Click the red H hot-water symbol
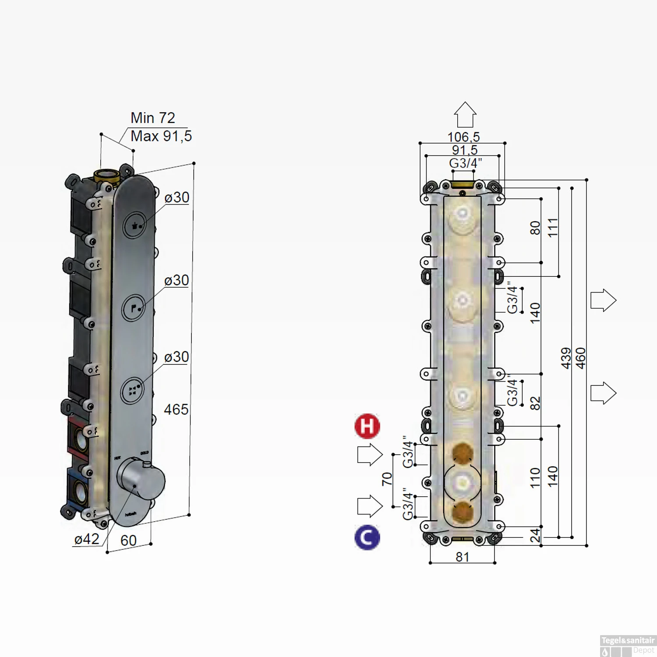click(x=367, y=426)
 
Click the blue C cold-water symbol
click(x=367, y=537)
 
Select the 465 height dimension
click(x=176, y=410)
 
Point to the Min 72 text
click(x=152, y=118)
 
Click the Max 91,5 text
click(x=161, y=136)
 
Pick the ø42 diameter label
click(x=87, y=539)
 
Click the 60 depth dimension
click(x=128, y=540)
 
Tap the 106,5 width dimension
click(x=463, y=137)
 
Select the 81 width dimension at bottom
click(x=463, y=557)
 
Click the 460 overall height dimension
click(x=580, y=358)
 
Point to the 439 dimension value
click(x=566, y=358)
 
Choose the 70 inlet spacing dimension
click(x=387, y=479)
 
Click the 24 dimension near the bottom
click(x=535, y=535)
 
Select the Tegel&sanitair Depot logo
click(x=628, y=646)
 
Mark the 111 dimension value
click(x=553, y=227)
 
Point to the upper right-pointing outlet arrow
click(x=603, y=300)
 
